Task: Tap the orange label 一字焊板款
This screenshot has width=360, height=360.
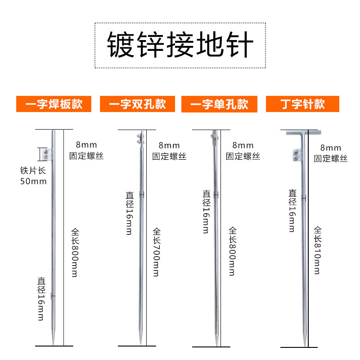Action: tap(54, 104)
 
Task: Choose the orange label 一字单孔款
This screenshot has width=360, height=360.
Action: tap(219, 104)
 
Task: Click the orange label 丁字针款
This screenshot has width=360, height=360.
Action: tap(302, 104)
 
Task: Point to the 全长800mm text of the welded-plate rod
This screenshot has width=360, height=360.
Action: tap(75, 252)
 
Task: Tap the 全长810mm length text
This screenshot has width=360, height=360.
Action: tap(317, 250)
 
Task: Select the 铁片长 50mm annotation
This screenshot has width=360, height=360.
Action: tap(33, 176)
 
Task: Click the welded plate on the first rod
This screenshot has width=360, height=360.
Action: tap(48, 154)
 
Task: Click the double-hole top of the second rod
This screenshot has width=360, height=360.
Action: tap(140, 136)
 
